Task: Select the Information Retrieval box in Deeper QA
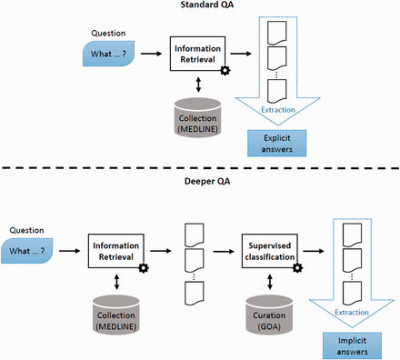coord(118,250)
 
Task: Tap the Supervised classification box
coord(270,250)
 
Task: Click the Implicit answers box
coord(350,343)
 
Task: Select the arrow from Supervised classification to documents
coord(313,250)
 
